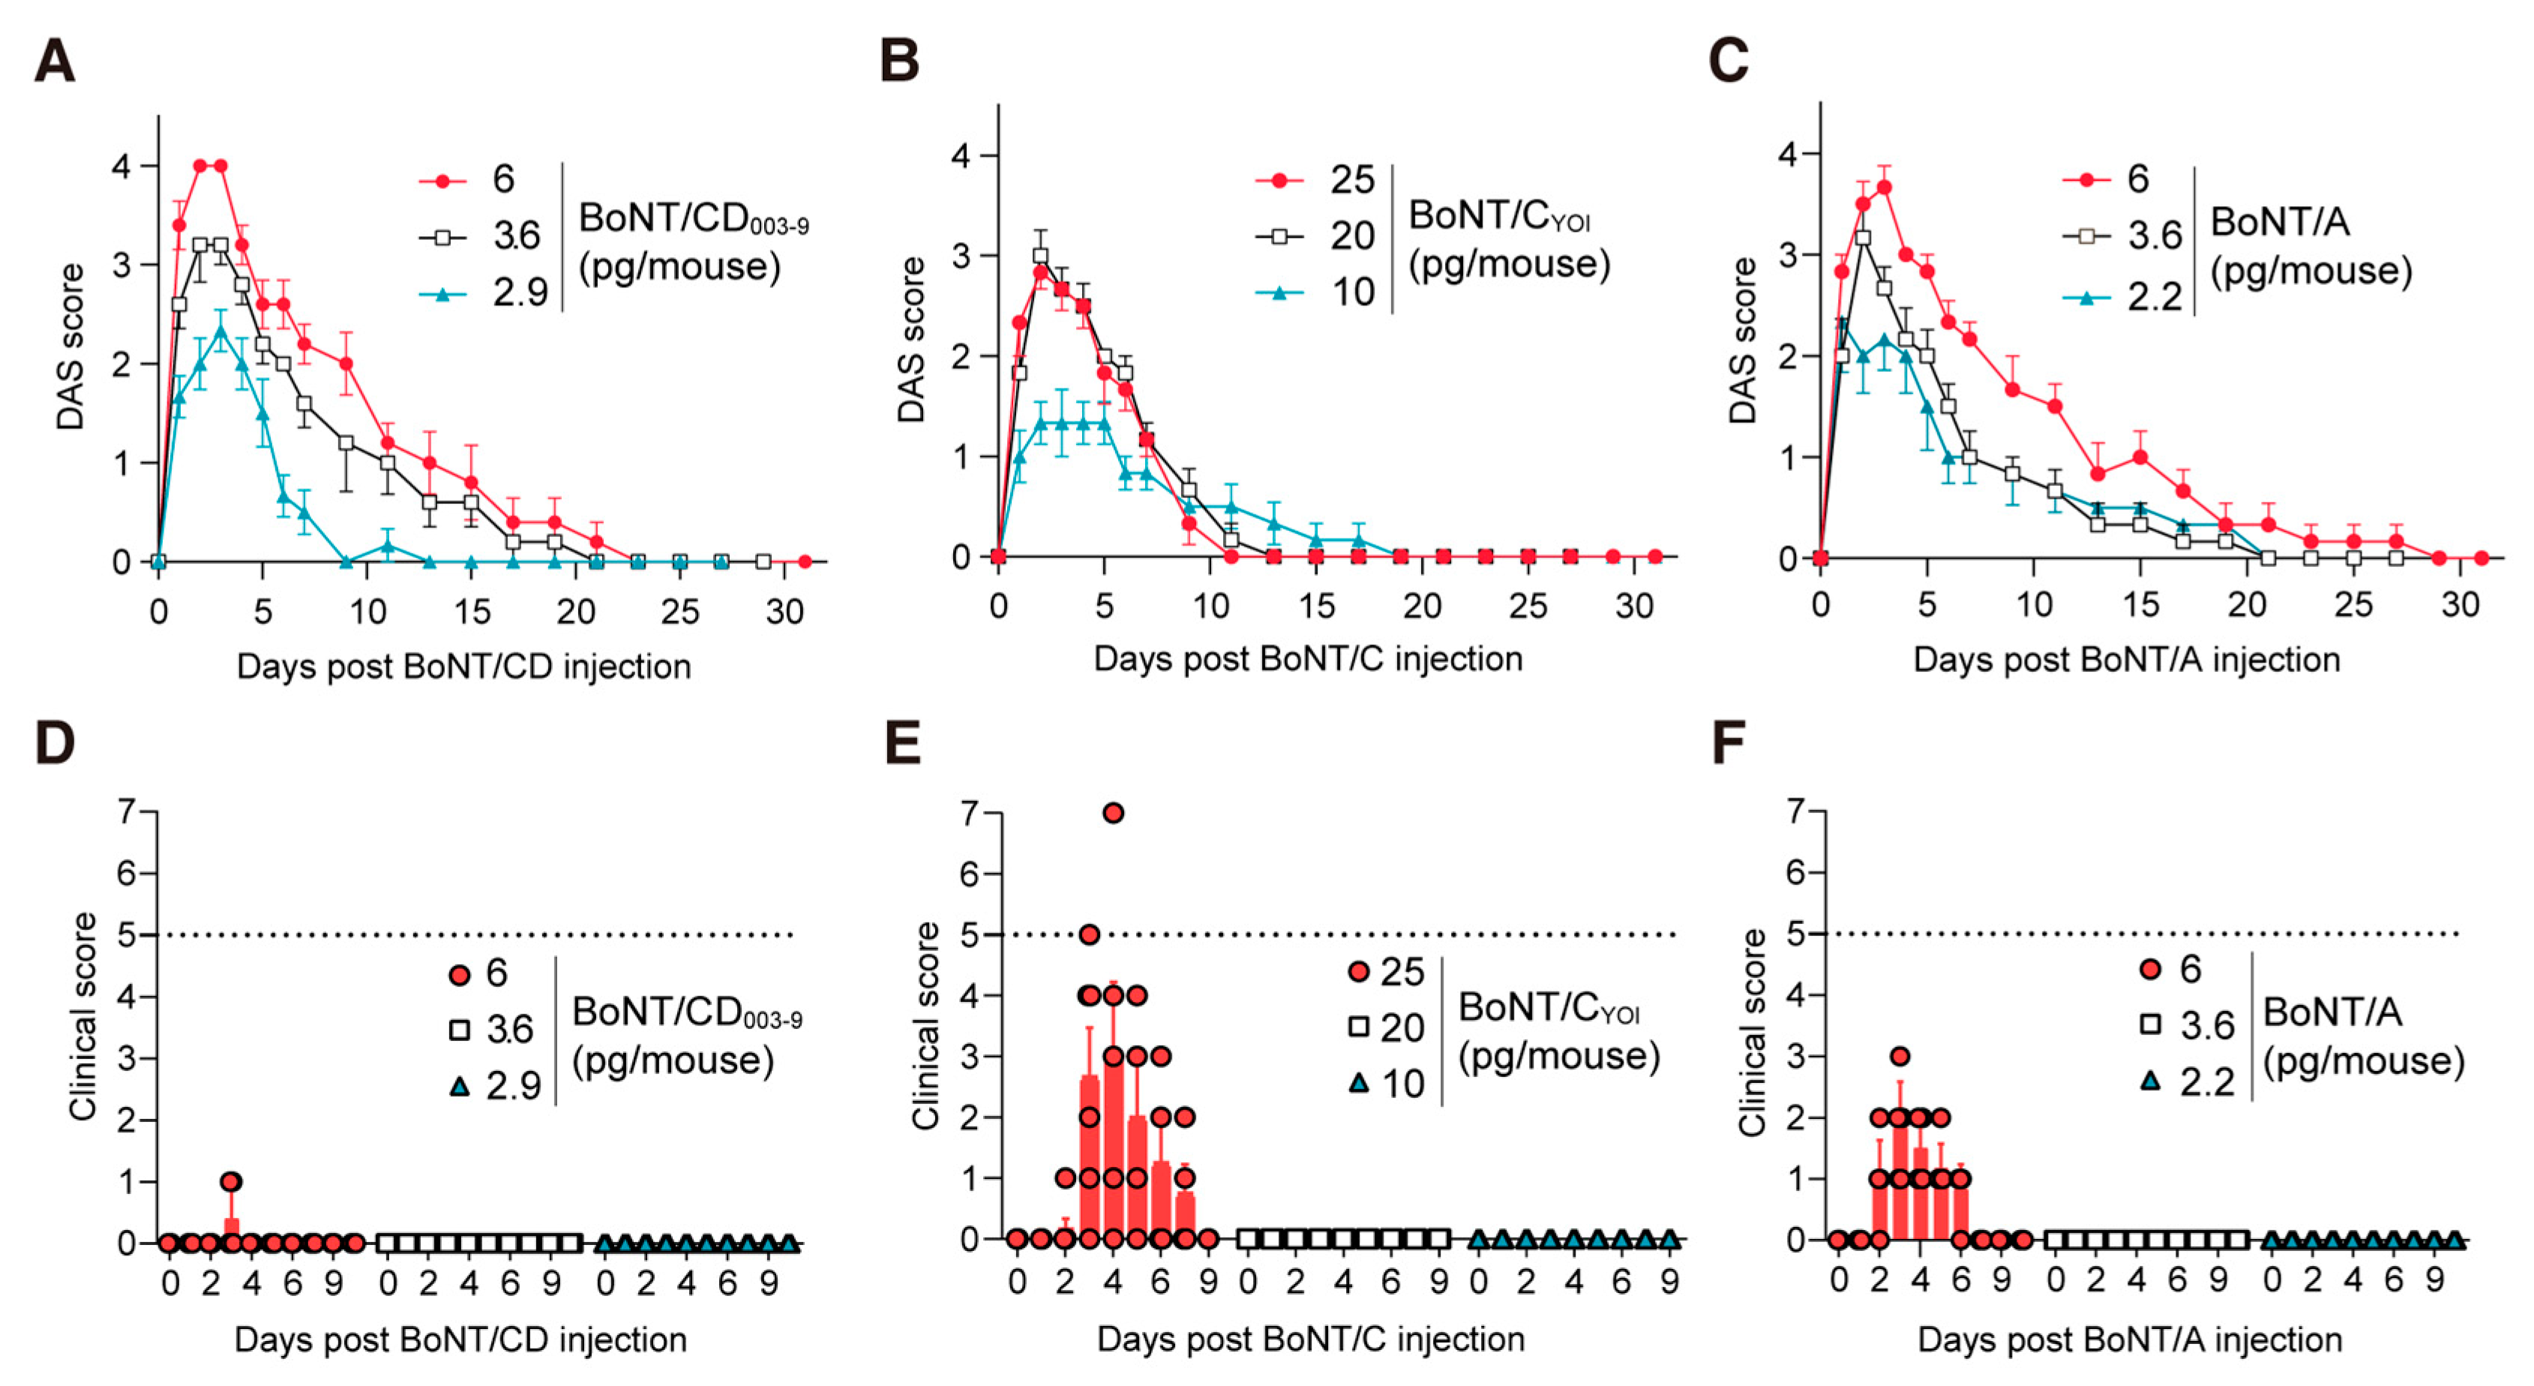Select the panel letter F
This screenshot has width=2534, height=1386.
pyautogui.click(x=1729, y=742)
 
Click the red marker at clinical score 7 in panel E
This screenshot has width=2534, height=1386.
pyautogui.click(x=1113, y=812)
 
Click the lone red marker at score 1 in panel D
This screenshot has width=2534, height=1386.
pyautogui.click(x=231, y=1181)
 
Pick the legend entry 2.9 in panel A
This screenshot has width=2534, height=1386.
pyautogui.click(x=520, y=292)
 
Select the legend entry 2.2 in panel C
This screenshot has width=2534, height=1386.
pyautogui.click(x=2155, y=295)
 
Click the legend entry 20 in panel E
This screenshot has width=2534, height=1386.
pyautogui.click(x=1402, y=1027)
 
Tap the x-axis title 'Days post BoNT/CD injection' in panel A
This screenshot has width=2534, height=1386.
pyautogui.click(x=463, y=667)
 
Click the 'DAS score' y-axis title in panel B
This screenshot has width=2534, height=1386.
pyautogui.click(x=912, y=339)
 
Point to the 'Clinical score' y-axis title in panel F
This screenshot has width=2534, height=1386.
pyautogui.click(x=1752, y=1033)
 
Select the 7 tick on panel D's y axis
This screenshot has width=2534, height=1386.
pyautogui.click(x=125, y=812)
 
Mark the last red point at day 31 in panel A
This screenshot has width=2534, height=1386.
pyautogui.click(x=805, y=562)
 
